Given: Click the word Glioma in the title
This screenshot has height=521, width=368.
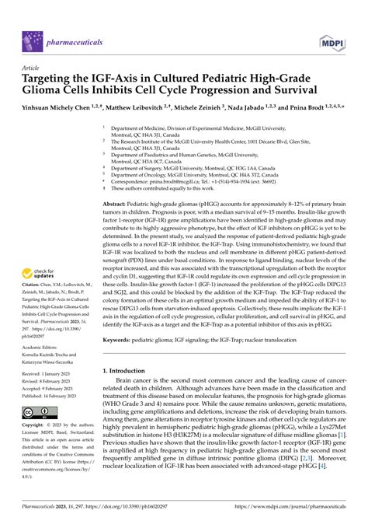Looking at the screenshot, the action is click(44, 91).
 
